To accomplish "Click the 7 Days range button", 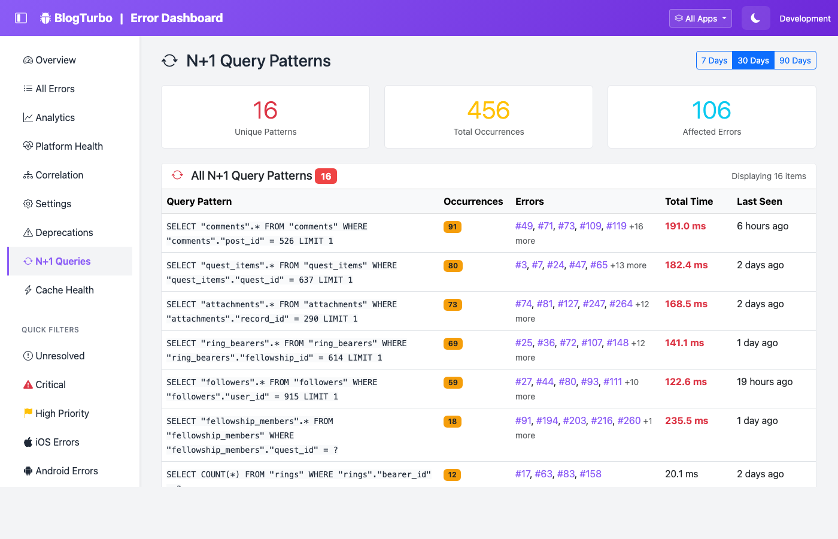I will (x=714, y=60).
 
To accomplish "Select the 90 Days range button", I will (x=795, y=60).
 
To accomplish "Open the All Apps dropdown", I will (x=700, y=19).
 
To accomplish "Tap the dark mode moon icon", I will (x=755, y=19).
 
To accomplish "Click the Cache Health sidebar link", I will (x=64, y=290).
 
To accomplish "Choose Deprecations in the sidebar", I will (x=64, y=232).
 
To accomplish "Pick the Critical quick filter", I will (x=50, y=384).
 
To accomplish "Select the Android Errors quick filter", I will (x=66, y=471).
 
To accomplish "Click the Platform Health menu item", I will (x=69, y=146).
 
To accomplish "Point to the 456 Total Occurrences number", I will (x=488, y=110).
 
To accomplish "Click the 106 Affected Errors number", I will (x=712, y=110).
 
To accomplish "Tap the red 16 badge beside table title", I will (x=326, y=177).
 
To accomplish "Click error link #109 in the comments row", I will (x=590, y=226).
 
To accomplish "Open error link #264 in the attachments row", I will (x=621, y=304).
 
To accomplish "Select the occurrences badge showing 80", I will (x=453, y=266).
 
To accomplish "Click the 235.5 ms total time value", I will (x=687, y=420).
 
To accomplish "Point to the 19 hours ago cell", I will (x=764, y=381).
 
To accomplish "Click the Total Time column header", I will (x=689, y=201).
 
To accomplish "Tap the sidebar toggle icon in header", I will (x=21, y=18).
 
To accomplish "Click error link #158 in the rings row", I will (x=590, y=474).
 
